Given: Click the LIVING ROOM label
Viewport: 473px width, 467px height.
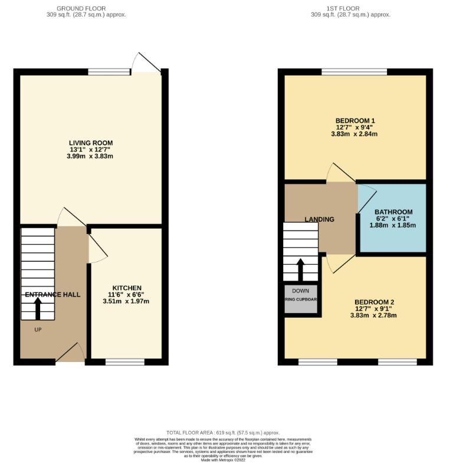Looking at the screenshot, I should (x=90, y=143).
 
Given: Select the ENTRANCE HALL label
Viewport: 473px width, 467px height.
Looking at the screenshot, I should (x=52, y=294).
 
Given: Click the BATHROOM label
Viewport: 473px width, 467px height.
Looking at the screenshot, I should (x=393, y=212).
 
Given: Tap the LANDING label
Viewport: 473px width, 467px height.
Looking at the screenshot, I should (x=319, y=219).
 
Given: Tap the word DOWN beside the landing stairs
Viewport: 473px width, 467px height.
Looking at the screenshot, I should (x=300, y=291).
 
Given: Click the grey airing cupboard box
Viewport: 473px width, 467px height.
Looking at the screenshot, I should (x=301, y=301).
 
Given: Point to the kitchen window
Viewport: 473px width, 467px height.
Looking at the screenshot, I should (x=124, y=361).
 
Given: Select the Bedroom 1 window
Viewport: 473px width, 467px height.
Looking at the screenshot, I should (x=354, y=71).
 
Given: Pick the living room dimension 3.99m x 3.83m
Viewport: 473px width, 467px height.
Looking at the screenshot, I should (x=90, y=156).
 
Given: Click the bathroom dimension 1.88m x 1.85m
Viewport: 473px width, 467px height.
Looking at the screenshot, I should (x=393, y=225).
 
